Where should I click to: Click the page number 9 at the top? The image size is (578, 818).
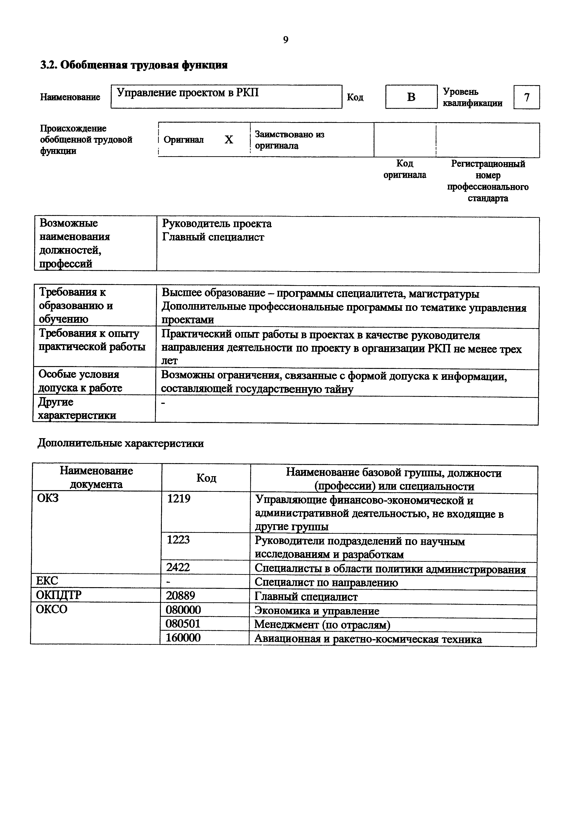(286, 40)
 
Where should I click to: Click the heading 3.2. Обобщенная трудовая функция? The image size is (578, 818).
(134, 65)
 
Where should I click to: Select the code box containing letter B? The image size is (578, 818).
(411, 97)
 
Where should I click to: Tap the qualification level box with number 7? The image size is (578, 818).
(526, 97)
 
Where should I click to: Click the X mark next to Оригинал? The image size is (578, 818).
(229, 140)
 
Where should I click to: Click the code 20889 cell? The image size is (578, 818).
(180, 595)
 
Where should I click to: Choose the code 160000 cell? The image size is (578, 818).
(183, 637)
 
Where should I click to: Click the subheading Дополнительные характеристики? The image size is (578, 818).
(121, 444)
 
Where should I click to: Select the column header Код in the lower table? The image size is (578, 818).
(206, 478)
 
